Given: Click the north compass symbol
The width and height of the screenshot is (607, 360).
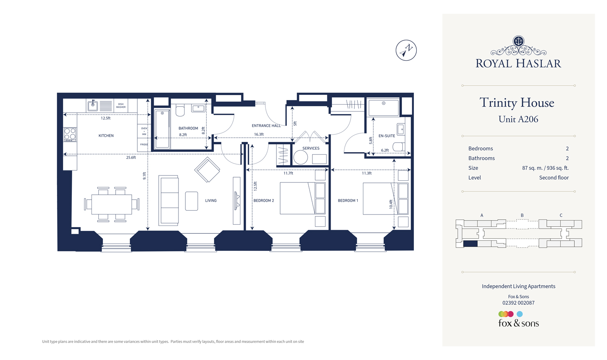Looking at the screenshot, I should (x=406, y=50).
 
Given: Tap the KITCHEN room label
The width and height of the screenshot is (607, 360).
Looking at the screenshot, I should (x=106, y=136).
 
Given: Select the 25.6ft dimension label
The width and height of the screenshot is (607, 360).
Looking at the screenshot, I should (x=131, y=157).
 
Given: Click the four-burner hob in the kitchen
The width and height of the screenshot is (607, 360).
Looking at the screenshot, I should (x=70, y=134).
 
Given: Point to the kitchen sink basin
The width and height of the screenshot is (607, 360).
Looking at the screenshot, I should (x=93, y=106).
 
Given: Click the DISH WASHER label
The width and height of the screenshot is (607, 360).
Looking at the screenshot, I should (x=121, y=106).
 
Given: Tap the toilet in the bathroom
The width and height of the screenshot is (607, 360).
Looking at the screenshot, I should (x=180, y=111).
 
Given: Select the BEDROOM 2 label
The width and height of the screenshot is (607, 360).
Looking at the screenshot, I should (x=263, y=201).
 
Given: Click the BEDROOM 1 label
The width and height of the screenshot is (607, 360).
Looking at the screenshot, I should (x=348, y=201).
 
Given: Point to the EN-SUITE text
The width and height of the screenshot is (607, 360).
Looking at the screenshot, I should (x=386, y=136).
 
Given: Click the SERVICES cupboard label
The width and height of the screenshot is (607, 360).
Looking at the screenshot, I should (x=310, y=148).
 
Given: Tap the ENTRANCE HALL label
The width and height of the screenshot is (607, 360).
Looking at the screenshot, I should (x=266, y=126).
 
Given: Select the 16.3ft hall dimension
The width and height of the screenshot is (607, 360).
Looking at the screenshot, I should (x=259, y=134).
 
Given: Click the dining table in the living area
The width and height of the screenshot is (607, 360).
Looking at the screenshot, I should (x=112, y=204).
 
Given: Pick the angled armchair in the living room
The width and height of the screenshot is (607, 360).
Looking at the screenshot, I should (x=207, y=170).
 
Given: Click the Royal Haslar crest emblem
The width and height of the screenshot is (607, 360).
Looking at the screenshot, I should (x=518, y=41).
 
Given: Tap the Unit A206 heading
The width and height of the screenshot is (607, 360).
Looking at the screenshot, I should (x=518, y=119).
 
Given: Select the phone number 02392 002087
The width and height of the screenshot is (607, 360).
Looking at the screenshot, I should (x=518, y=303).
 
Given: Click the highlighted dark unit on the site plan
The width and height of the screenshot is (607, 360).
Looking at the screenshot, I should (x=470, y=244).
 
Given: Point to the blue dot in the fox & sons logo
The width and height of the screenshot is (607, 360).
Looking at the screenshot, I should (x=520, y=314).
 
